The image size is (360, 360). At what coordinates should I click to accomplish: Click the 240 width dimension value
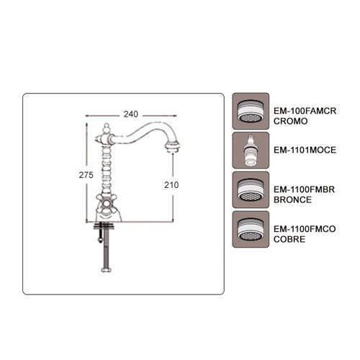click(x=131, y=114)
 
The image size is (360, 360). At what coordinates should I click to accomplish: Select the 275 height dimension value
click(x=86, y=175)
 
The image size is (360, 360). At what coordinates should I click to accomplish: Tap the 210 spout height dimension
click(x=171, y=185)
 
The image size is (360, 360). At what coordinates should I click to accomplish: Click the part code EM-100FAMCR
click(x=305, y=111)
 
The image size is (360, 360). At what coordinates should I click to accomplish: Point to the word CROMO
click(x=290, y=121)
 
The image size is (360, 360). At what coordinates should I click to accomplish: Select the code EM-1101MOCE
click(x=305, y=150)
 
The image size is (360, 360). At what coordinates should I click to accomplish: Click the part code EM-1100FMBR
click(x=304, y=189)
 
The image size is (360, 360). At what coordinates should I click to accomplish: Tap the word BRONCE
click(x=292, y=199)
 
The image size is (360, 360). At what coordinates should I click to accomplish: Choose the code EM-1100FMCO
click(x=305, y=229)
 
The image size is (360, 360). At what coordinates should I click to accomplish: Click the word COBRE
click(x=289, y=239)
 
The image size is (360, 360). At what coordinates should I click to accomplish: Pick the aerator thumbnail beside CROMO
click(x=251, y=111)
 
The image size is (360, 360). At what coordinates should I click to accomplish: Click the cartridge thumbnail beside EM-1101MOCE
click(x=251, y=150)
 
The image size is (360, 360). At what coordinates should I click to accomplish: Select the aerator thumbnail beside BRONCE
click(x=251, y=190)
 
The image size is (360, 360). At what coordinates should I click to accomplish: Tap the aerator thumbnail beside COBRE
click(x=251, y=229)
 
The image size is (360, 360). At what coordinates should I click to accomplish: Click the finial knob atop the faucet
click(x=107, y=128)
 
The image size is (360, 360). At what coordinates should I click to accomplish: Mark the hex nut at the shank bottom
click(x=106, y=270)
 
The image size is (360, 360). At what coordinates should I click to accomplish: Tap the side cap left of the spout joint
click(x=98, y=139)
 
